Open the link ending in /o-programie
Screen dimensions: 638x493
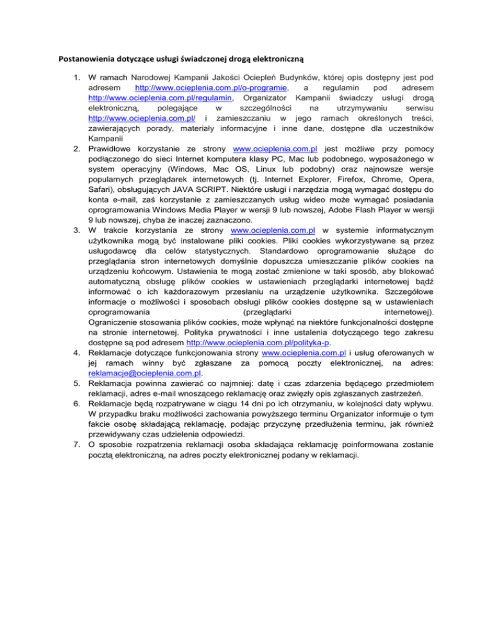209,87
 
